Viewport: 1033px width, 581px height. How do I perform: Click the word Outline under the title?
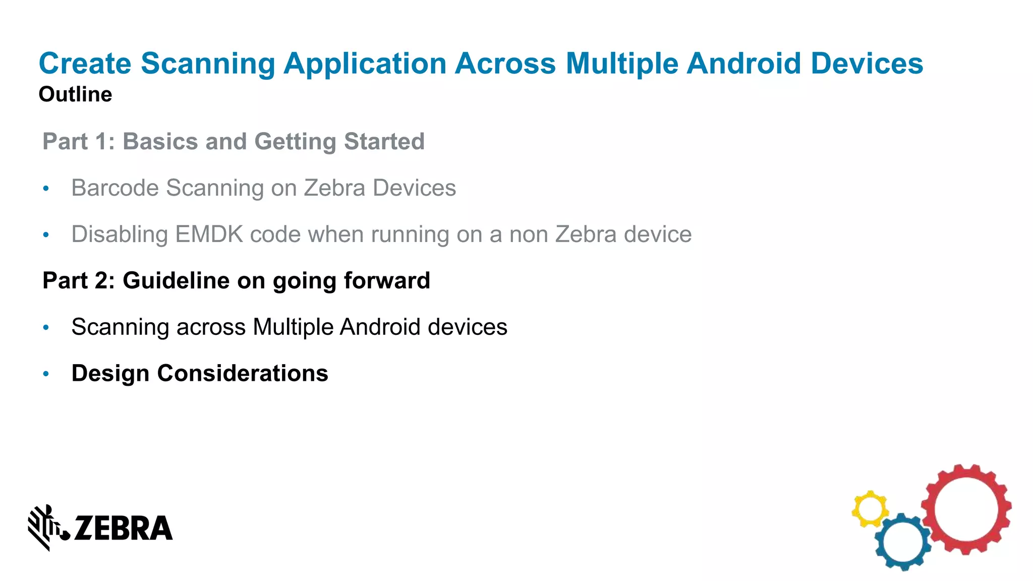tap(75, 94)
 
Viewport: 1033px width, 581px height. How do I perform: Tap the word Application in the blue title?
tap(365, 64)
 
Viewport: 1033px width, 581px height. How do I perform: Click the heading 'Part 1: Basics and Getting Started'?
tap(234, 141)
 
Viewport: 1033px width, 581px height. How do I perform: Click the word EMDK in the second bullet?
tap(209, 235)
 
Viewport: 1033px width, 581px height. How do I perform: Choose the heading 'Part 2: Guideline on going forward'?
tap(236, 280)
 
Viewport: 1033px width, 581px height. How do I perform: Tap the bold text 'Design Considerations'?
tap(200, 373)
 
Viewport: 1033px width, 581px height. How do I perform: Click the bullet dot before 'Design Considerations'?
tap(46, 374)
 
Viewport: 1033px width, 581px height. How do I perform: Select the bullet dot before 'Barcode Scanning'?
tap(46, 189)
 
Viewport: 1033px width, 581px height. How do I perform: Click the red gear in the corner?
tap(966, 509)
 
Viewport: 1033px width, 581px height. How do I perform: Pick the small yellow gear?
tap(870, 509)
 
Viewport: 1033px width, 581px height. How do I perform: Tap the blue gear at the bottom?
tap(903, 542)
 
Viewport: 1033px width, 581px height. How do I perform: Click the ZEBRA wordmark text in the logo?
tap(124, 528)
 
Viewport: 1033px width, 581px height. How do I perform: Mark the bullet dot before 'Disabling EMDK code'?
tap(46, 235)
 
